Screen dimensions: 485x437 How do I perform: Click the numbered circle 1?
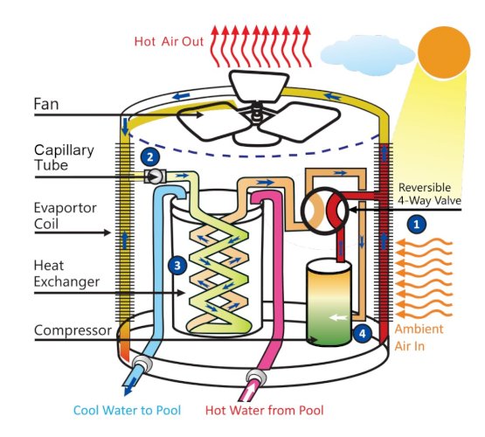(x=416, y=224)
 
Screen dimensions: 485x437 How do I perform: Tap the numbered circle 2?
(x=150, y=156)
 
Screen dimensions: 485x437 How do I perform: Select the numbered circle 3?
(x=177, y=266)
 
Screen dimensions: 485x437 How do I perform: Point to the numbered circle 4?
(x=362, y=333)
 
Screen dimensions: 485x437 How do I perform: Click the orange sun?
(x=444, y=52)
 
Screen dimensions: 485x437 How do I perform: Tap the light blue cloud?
(x=367, y=55)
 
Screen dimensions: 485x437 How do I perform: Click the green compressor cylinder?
(x=329, y=303)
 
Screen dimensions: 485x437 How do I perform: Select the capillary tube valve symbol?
(x=155, y=177)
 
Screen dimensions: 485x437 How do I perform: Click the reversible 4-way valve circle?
(x=325, y=211)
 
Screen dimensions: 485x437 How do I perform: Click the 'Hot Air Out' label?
(x=169, y=41)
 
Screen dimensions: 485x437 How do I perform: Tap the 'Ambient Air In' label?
(x=419, y=337)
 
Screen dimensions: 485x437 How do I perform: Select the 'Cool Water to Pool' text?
(x=127, y=411)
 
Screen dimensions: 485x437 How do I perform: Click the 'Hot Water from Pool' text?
(x=265, y=411)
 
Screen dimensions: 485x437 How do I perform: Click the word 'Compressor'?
(x=73, y=330)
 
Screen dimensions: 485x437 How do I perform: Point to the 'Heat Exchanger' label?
(x=66, y=274)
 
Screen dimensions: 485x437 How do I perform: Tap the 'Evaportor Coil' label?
(x=65, y=216)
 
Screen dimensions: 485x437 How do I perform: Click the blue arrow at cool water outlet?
(x=130, y=386)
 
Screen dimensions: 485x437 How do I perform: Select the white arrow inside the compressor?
(x=338, y=317)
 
